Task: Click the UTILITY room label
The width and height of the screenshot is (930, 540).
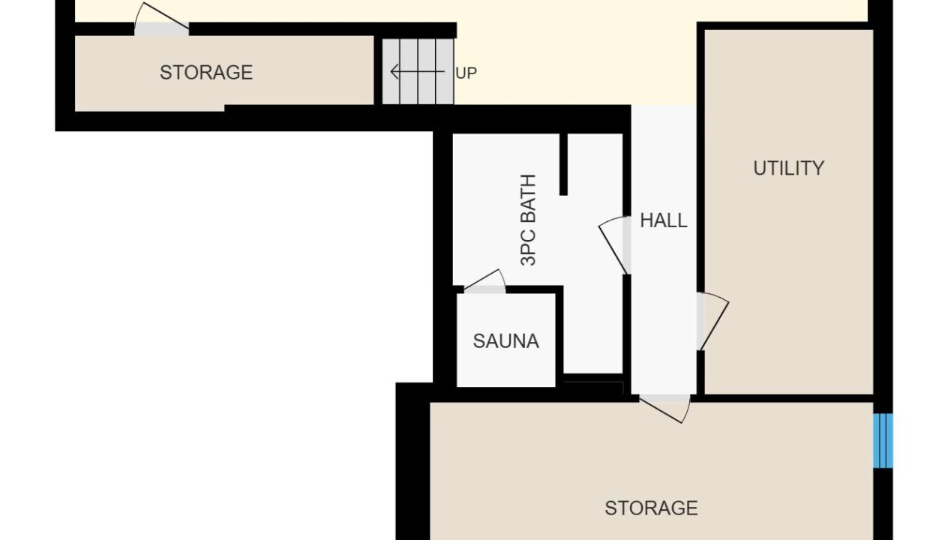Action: (x=788, y=168)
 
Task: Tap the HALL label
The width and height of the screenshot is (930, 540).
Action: (x=664, y=220)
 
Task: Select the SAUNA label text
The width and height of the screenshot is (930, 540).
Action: (x=505, y=341)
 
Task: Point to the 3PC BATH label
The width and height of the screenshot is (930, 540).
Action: (x=528, y=220)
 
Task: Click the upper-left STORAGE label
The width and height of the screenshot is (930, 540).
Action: (x=206, y=73)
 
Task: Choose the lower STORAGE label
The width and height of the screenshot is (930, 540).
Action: (x=651, y=508)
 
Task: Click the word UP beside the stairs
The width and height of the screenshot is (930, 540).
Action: (x=466, y=73)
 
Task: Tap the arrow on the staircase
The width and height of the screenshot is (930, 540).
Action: (x=417, y=71)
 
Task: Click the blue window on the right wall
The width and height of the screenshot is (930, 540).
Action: (x=883, y=440)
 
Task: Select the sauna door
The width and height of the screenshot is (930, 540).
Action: (x=484, y=281)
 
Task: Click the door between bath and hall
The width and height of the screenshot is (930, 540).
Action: (x=615, y=245)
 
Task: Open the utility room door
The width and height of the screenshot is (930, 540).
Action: (x=712, y=321)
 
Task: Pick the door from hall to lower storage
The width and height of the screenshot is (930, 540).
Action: (x=664, y=409)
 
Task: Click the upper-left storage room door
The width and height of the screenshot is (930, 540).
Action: (x=161, y=19)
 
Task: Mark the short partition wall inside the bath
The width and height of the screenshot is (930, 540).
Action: (x=563, y=164)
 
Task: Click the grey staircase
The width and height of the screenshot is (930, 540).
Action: (x=418, y=71)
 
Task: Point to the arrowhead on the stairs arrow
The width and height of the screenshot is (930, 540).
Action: (x=394, y=71)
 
